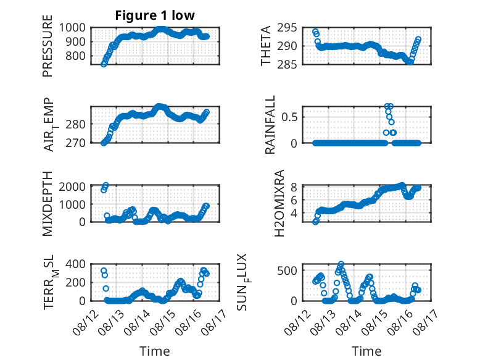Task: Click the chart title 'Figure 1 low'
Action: point(155,15)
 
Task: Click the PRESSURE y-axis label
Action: point(48,46)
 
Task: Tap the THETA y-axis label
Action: point(266,46)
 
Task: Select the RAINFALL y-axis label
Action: point(270,125)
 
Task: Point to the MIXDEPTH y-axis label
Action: point(48,204)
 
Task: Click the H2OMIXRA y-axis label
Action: point(279,203)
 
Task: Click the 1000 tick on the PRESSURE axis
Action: point(72,28)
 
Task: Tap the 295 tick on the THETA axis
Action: point(287,28)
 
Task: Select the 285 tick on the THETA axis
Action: point(287,65)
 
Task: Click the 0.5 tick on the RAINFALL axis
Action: point(289,117)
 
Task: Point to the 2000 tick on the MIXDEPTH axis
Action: point(72,186)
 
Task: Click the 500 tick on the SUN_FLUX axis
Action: point(287,270)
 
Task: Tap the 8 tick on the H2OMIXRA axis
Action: point(294,187)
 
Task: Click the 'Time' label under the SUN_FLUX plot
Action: point(366,351)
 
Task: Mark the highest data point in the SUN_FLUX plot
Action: point(341,264)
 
